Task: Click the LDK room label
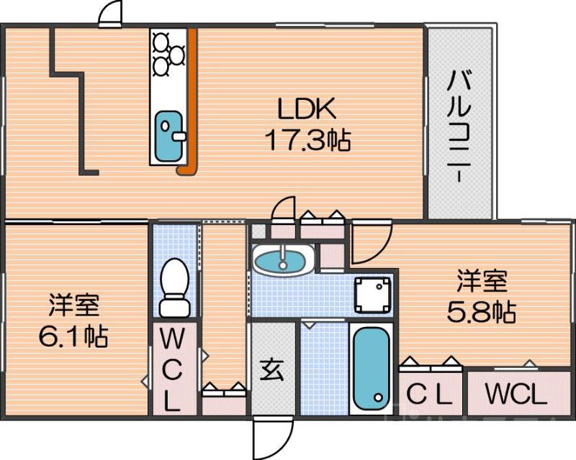coord(307,109)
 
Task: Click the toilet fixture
coord(174,287)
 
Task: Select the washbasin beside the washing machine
coord(282,259)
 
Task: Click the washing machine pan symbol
coord(373,293)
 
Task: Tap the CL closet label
coord(429,395)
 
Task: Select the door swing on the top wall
coord(109,14)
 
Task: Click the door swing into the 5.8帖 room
coord(370,244)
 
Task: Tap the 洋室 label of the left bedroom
coord(74,305)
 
